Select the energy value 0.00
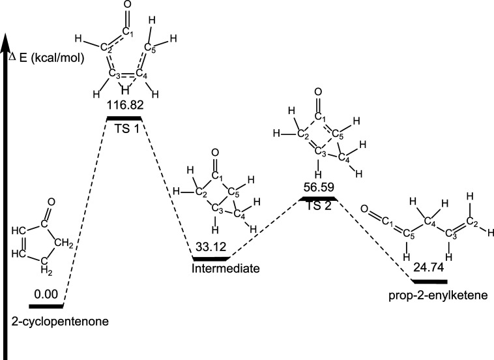click(x=46, y=295)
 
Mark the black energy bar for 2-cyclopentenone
click(x=46, y=305)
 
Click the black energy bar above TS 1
click(x=124, y=117)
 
